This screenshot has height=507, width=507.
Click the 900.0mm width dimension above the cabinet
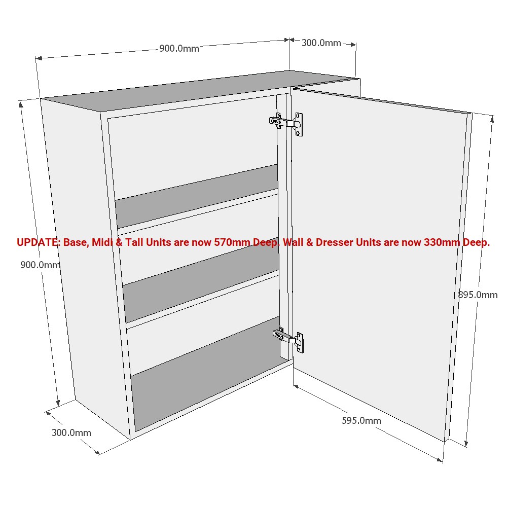(x=179, y=49)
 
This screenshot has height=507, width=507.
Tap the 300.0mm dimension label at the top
(x=321, y=43)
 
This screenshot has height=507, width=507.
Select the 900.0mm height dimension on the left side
(x=40, y=265)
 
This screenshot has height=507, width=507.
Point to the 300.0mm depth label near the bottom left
(x=71, y=432)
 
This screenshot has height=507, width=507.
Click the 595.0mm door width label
(x=361, y=420)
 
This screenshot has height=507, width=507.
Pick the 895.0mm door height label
(x=478, y=295)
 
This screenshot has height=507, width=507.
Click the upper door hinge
(x=286, y=124)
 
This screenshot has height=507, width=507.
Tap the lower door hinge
(x=288, y=340)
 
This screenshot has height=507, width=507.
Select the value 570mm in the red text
(x=232, y=242)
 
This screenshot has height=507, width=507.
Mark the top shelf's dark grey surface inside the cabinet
(x=197, y=196)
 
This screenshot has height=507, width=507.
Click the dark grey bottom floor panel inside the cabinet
(x=207, y=374)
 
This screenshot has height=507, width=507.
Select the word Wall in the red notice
(x=293, y=242)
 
